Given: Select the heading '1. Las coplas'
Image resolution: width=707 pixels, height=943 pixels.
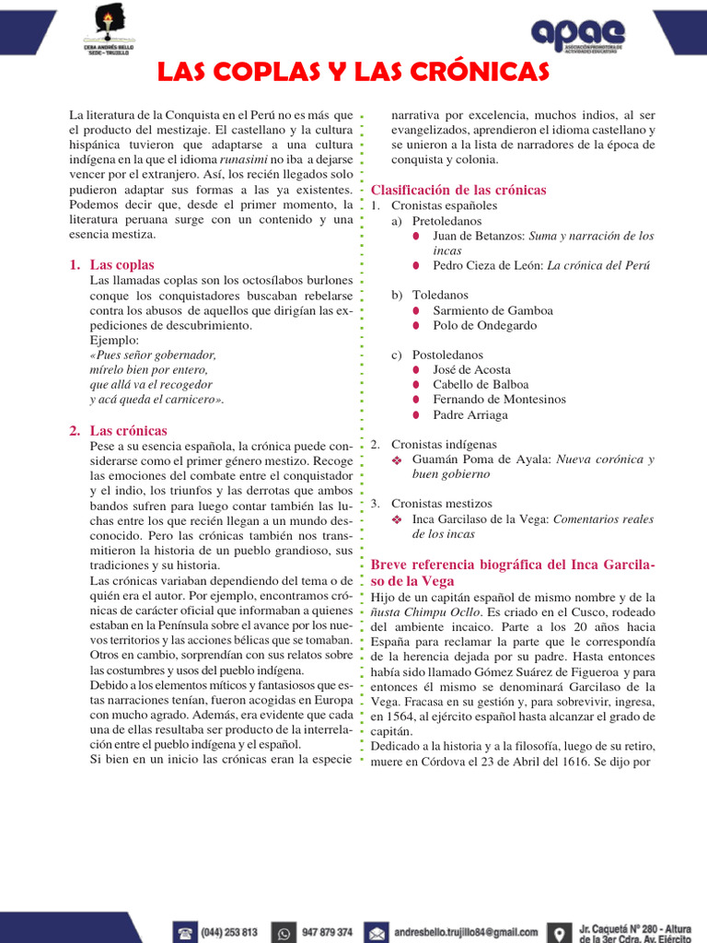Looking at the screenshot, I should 111,265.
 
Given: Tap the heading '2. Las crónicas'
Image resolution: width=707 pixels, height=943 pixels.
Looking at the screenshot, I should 118,430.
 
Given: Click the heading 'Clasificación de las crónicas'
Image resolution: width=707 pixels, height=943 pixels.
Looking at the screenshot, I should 458,190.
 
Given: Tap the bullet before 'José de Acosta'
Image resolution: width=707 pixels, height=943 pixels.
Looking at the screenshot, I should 416,370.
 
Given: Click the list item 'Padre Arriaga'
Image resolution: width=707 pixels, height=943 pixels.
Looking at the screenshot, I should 469,414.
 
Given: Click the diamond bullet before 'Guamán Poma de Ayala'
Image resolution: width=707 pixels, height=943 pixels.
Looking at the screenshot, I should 398,460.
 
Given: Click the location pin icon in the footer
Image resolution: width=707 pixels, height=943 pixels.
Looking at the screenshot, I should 559,932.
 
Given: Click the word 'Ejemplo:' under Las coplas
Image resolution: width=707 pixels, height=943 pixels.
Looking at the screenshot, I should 113,340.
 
